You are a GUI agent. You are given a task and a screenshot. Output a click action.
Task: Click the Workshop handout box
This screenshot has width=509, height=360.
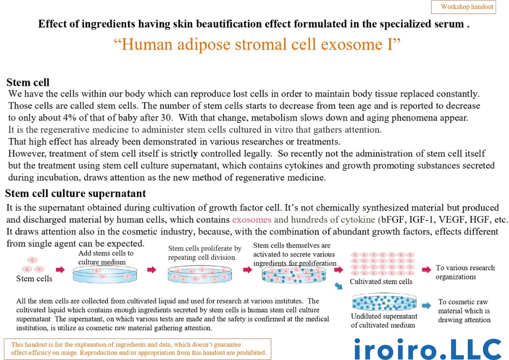point(463,7)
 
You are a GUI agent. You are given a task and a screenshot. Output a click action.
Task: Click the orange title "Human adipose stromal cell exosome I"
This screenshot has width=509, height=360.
point(257,44)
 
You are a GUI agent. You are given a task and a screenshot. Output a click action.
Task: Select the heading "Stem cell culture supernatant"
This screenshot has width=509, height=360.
point(76,193)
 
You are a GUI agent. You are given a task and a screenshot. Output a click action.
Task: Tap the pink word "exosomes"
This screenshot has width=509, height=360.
point(251,220)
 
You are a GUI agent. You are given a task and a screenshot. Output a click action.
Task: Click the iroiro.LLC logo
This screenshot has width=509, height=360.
point(428,349)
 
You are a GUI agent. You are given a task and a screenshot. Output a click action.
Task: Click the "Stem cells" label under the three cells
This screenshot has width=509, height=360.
point(34,279)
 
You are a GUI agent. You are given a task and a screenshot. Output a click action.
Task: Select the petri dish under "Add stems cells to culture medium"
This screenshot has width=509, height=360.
point(104,274)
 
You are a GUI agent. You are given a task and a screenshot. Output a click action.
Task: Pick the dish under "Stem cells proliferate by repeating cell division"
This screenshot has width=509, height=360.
point(200,274)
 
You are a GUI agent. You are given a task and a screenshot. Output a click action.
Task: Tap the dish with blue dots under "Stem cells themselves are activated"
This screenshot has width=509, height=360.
point(294,275)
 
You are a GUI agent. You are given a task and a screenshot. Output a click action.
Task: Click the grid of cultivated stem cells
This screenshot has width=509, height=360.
point(383,264)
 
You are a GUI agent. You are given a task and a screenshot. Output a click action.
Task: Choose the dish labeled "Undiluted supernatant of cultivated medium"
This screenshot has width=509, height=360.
point(384,302)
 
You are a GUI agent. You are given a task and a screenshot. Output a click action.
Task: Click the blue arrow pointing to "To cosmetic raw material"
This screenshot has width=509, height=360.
point(426,306)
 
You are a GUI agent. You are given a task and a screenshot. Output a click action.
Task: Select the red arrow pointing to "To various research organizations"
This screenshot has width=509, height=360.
point(426,269)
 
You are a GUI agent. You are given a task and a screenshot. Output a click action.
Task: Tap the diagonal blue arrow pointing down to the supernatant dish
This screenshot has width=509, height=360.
point(338,286)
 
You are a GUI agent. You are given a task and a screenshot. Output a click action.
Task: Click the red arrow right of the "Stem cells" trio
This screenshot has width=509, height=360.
point(60,269)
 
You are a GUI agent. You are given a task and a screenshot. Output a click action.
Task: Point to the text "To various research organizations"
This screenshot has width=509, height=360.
point(465,272)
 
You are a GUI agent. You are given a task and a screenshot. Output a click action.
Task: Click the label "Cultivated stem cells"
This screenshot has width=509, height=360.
point(381,282)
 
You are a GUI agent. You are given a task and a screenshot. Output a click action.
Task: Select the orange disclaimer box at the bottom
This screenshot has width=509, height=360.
point(137,349)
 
